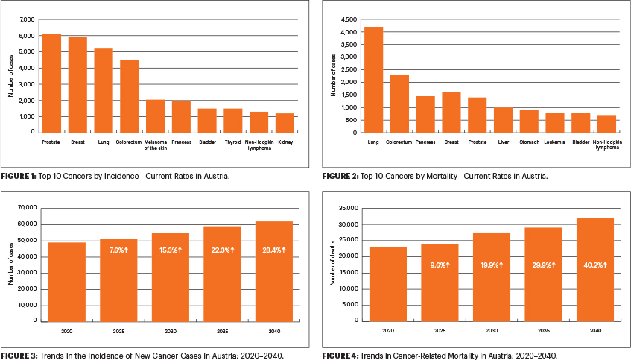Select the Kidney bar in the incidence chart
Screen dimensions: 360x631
point(285,123)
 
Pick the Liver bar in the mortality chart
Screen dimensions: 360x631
point(503,120)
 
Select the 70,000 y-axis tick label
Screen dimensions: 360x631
point(27,207)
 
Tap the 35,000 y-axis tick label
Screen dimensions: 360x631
point(348,208)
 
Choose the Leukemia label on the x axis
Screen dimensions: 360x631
point(554,141)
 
